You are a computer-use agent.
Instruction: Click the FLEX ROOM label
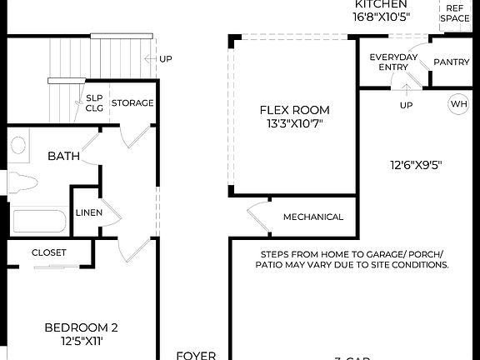[x=294, y=110]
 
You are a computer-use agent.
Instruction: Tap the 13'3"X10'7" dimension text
[x=294, y=124]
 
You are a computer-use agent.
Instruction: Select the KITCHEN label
[x=381, y=4]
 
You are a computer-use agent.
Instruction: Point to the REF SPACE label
[x=455, y=12]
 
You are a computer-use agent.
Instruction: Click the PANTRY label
[x=452, y=62]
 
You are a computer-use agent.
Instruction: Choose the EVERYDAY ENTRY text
[x=394, y=62]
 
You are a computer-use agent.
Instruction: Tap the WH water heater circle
[x=458, y=104]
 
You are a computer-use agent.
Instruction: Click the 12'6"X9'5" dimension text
[x=414, y=164]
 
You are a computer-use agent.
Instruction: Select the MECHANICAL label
[x=313, y=217]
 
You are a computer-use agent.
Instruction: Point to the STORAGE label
[x=132, y=102]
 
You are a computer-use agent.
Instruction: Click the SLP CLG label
[x=94, y=102]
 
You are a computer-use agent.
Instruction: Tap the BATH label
[x=63, y=156]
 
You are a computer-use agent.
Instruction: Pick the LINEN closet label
[x=89, y=212]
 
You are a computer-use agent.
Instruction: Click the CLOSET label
[x=49, y=252]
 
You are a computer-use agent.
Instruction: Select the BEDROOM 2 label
[x=81, y=327]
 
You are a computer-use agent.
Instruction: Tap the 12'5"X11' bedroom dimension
[x=81, y=342]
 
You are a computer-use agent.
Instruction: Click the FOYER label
[x=197, y=354]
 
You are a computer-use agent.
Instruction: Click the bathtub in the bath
[x=39, y=222]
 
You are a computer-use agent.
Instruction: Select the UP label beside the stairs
[x=165, y=59]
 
